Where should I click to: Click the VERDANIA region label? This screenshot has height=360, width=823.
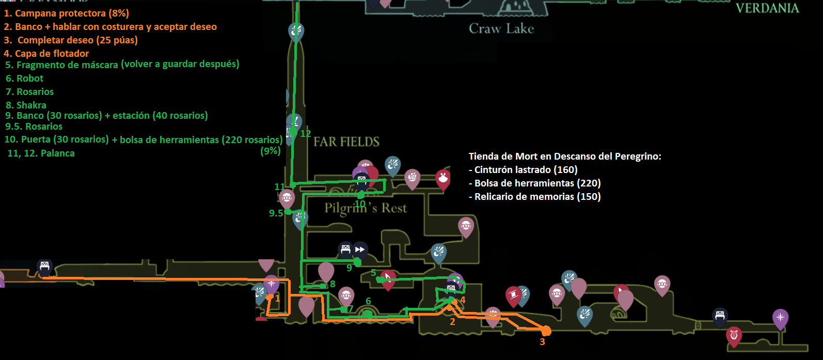pos(767,8)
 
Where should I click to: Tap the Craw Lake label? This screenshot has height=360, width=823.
pos(501,29)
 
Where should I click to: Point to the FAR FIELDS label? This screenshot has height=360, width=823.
pos(346,142)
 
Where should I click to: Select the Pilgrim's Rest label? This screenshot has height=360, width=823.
pos(366,208)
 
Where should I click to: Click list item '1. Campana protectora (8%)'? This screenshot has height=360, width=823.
pos(66,13)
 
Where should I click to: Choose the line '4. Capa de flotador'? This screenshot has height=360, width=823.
pos(46,53)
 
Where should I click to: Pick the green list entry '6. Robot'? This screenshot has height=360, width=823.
pos(24,79)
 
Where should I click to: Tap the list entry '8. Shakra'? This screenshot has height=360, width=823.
pos(26,105)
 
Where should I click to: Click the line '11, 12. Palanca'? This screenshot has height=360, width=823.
pos(41,153)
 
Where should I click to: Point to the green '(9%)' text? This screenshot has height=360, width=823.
pos(271,151)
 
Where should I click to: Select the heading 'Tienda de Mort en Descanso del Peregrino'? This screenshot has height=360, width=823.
pos(565,156)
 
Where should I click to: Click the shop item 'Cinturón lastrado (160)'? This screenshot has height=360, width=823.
pos(523,169)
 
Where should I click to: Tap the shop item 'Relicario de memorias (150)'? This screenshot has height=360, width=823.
pos(534,196)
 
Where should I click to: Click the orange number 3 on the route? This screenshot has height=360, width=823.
pos(542,342)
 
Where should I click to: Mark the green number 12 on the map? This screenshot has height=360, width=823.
pos(306,134)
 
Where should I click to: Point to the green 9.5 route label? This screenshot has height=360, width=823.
pos(276,213)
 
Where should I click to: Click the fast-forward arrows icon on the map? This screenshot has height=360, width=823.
pos(360,249)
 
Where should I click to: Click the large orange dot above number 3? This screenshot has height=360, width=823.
pos(546,331)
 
